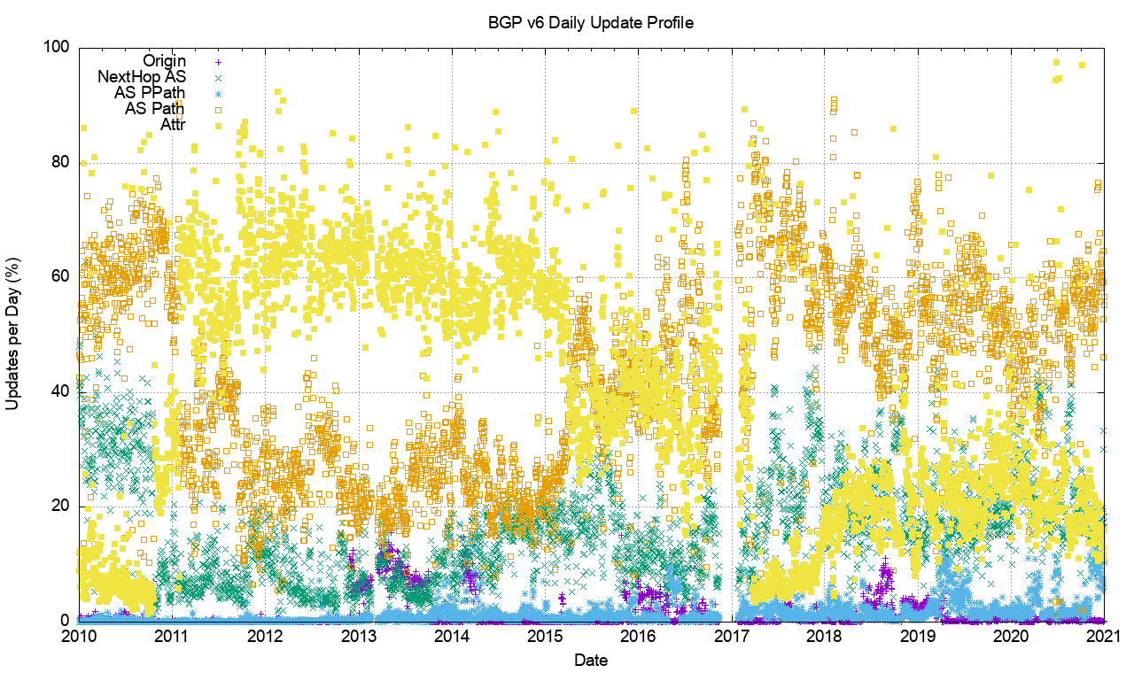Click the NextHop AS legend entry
pos(142,77)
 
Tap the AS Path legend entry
pos(155,109)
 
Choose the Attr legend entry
pos(173,125)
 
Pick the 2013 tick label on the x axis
pos(358,636)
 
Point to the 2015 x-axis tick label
pos(545,636)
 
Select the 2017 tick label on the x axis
pos(732,636)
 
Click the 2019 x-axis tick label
pos(918,636)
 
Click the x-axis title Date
pos(591,660)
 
